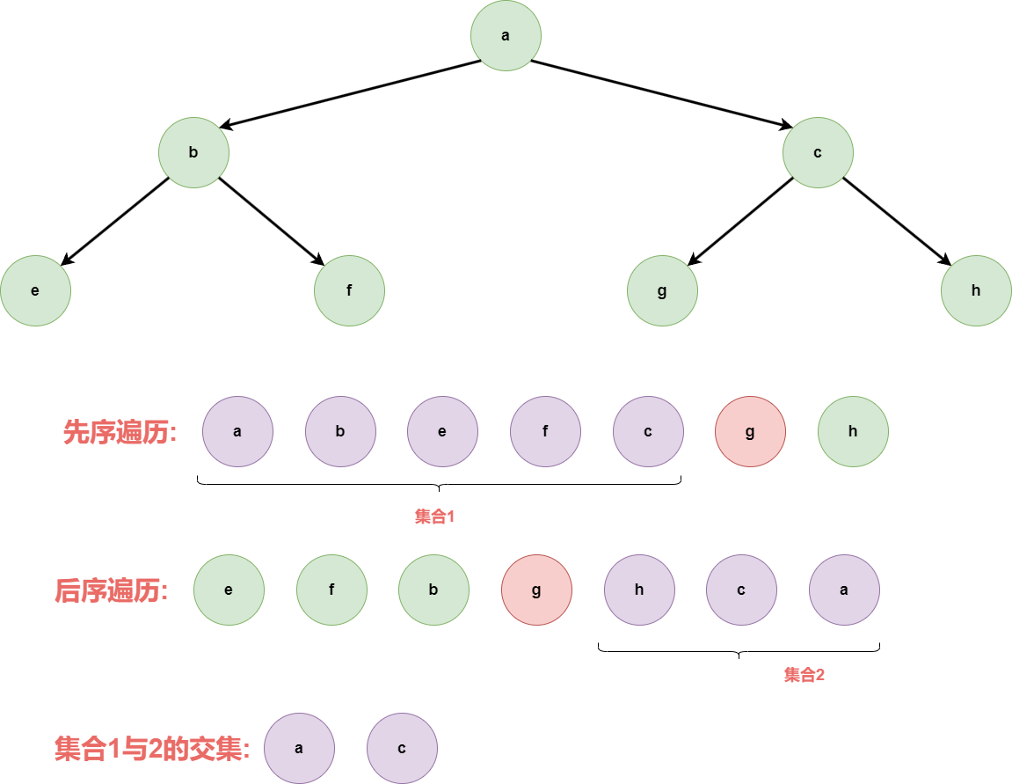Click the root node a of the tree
506,36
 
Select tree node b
193,152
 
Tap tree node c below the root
818,152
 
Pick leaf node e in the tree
35,290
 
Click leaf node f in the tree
349,290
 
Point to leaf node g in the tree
662,290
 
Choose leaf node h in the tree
976,290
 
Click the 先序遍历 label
120,432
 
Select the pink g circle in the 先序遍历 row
750,431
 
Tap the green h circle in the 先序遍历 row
853,431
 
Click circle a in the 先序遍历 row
237,431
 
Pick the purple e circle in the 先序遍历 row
442,431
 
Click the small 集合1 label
434,517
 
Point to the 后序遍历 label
111,590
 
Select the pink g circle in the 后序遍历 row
536,590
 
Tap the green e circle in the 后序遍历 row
229,590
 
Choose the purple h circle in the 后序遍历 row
639,590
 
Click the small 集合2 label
805,675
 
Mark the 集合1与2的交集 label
152,749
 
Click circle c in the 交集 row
402,748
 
